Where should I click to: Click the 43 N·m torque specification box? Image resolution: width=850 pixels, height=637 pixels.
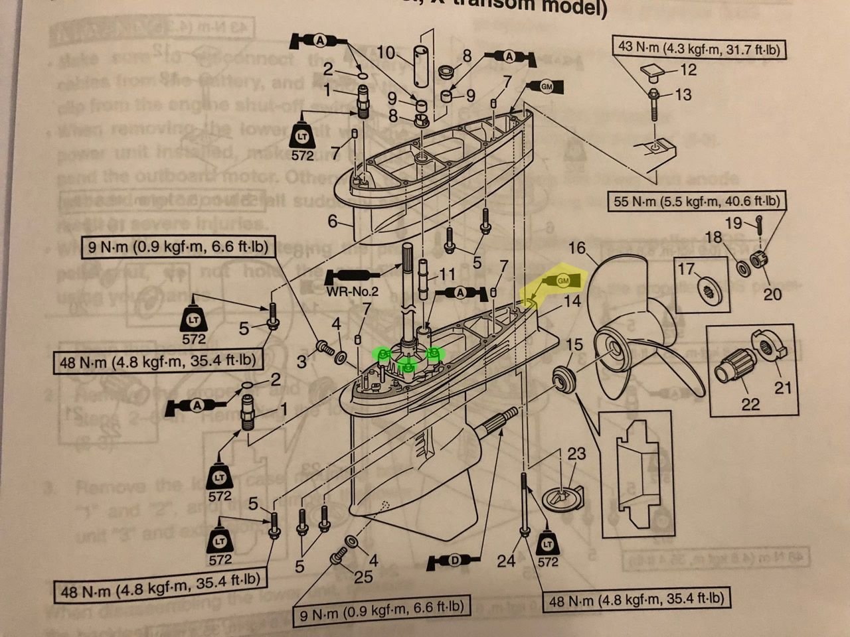(699, 48)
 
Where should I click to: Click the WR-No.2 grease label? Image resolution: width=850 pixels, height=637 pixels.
(351, 291)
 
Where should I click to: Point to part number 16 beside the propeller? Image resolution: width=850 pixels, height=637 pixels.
(577, 248)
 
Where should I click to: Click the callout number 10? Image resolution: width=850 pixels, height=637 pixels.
(386, 52)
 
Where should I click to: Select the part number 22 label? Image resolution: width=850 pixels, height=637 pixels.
(750, 403)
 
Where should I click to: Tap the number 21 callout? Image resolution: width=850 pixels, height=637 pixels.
(783, 386)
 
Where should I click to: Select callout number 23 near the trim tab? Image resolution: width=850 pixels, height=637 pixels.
(576, 453)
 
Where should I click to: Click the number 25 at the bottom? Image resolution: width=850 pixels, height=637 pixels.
(363, 576)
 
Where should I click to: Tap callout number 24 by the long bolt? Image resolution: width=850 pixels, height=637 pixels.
(506, 561)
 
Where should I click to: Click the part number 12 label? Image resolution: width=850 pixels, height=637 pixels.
(688, 69)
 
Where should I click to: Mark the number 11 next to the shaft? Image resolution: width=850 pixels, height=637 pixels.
(448, 273)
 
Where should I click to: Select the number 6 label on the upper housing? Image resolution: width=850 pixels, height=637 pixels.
(332, 220)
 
